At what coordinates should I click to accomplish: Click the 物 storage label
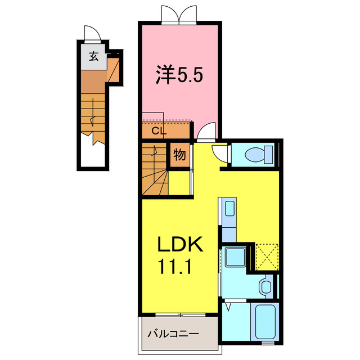[x=179, y=155]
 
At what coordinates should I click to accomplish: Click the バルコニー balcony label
[x=173, y=334]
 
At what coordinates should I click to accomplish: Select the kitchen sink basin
[x=229, y=210]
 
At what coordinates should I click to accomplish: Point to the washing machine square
[x=234, y=258]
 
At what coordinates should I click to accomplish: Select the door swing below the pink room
[x=206, y=130]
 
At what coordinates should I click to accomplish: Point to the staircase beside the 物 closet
[x=155, y=170]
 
